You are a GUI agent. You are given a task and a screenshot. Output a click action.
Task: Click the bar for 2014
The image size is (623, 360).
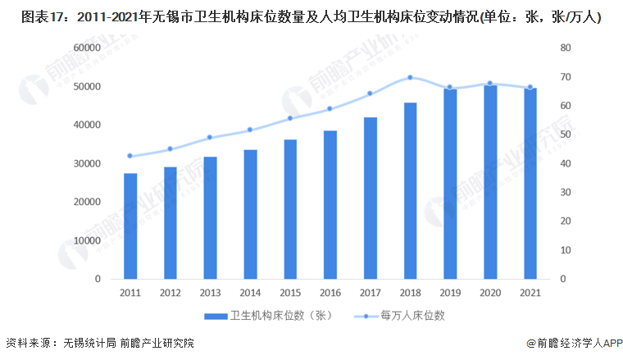coord(250,214)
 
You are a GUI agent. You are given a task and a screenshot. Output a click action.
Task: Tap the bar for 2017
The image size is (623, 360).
coord(371,198)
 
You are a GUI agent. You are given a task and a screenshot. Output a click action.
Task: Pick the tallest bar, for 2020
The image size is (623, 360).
coord(490,181)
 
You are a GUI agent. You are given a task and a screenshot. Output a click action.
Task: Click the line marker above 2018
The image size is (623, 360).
coord(410,78)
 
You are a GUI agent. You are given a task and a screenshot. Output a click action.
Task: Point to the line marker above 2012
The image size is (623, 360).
coord(171,148)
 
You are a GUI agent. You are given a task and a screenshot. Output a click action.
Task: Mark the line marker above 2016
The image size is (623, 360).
coord(330,108)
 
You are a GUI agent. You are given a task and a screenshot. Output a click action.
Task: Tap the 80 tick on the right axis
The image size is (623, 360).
coord(566,48)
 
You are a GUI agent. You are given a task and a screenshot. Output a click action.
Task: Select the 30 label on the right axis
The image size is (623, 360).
coord(566,192)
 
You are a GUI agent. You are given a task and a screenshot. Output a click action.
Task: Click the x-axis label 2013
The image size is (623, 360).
coord(210,293)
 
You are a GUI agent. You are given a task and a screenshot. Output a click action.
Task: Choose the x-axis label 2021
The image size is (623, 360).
coord(530,293)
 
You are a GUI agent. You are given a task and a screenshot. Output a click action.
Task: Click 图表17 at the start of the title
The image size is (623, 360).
coord(30,16)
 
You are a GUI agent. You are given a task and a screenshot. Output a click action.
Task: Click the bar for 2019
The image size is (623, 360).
coord(450,184)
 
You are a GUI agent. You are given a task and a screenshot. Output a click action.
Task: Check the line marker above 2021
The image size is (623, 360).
coord(530,87)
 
